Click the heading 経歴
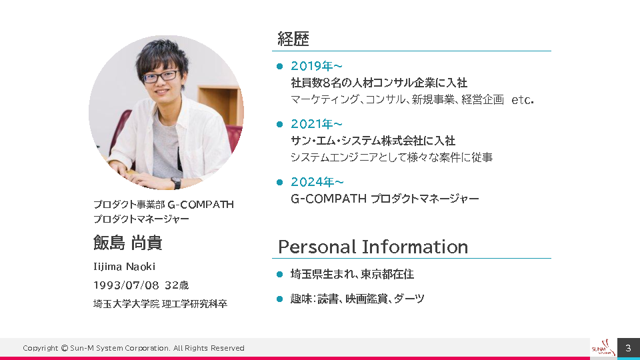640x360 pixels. pos(293,39)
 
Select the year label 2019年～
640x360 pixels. pos(316,66)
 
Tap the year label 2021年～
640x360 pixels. pos(316,124)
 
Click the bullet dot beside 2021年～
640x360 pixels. pos(279,124)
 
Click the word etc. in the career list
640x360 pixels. pos(523,99)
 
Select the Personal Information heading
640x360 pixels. pos(373,247)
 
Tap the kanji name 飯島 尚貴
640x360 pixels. pos(127,243)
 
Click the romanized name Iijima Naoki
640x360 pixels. pos(124,267)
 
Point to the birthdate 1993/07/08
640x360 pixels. pos(126,285)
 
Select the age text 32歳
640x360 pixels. pos(177,285)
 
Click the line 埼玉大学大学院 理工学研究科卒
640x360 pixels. pos(160,304)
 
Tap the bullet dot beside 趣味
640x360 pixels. pos(279,299)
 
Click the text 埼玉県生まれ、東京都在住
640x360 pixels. pos(352,274)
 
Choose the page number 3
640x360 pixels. pos(628,348)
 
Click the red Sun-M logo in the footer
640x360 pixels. pos(603,348)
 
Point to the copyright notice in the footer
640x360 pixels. pos(133,348)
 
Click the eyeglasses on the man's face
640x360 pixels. pos(161,76)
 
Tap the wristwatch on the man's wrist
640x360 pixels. pos(176,183)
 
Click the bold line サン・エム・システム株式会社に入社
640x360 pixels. pos(373,141)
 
